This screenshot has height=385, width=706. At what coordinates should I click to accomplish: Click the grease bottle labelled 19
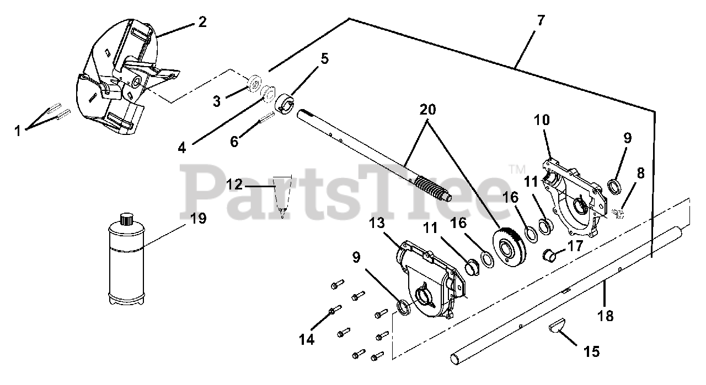click(126, 259)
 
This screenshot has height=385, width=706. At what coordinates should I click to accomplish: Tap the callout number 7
click(540, 21)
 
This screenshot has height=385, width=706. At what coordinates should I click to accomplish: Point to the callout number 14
click(307, 340)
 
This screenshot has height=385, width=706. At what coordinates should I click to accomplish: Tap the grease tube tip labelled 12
click(282, 196)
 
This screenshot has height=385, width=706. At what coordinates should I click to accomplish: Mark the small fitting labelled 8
click(619, 213)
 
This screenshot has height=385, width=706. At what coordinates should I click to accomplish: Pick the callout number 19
click(199, 219)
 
